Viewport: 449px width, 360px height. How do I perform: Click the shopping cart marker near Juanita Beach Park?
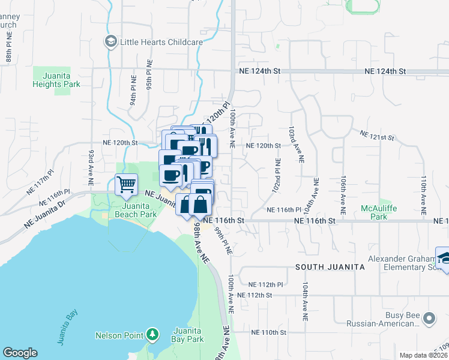tap(126, 185)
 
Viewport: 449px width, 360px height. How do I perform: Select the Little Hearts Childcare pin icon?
tap(110, 41)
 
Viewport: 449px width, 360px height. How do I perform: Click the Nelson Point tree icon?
tap(153, 334)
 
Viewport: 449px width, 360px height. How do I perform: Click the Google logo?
tap(20, 353)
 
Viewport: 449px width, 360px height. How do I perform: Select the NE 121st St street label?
tap(376, 136)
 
